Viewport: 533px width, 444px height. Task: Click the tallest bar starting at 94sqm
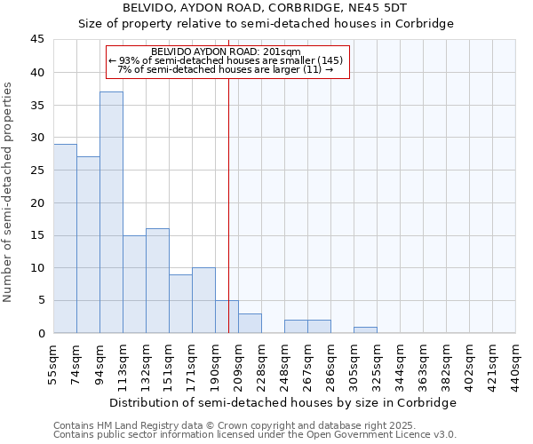tap(111, 212)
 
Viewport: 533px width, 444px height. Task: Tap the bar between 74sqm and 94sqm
tap(88, 244)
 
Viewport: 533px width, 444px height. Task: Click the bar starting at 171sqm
tap(203, 300)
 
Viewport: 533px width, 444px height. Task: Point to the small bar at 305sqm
tap(365, 330)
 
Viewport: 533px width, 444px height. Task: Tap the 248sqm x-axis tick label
tap(284, 365)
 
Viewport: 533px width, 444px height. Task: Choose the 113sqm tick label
tap(123, 365)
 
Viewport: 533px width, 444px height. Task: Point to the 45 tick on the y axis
tap(37, 40)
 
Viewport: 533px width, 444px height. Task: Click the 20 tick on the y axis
tap(37, 202)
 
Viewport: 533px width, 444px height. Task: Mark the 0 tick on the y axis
tap(41, 333)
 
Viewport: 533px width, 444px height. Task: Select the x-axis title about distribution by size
tap(284, 402)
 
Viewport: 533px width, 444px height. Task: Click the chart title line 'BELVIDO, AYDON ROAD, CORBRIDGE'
tap(266, 8)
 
